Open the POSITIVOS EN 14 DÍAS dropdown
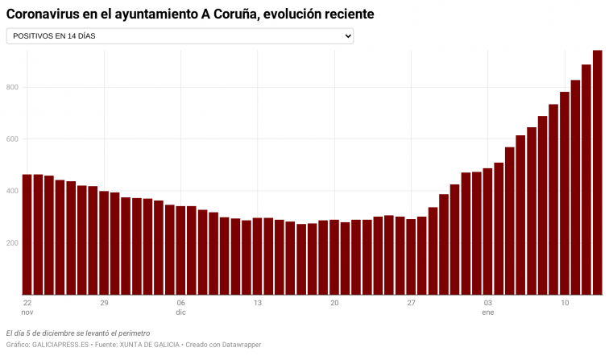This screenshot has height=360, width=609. (x=180, y=36)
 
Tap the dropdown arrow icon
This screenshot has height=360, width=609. (x=347, y=36)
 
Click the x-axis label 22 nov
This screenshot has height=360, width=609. (x=27, y=307)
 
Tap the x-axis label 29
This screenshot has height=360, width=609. (x=104, y=303)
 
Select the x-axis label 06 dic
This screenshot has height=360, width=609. (x=180, y=307)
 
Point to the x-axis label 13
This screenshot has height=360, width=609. (x=258, y=303)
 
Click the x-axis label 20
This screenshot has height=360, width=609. (x=334, y=303)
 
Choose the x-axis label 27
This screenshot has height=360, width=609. (x=411, y=303)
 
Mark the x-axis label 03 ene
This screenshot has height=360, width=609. (x=487, y=307)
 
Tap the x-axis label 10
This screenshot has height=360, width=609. (x=565, y=303)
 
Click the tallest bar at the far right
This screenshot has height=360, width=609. (x=598, y=172)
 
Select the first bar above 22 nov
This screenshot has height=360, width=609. (x=27, y=234)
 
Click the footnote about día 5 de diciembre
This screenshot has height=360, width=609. (x=78, y=333)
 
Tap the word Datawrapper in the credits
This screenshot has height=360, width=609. (x=237, y=345)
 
